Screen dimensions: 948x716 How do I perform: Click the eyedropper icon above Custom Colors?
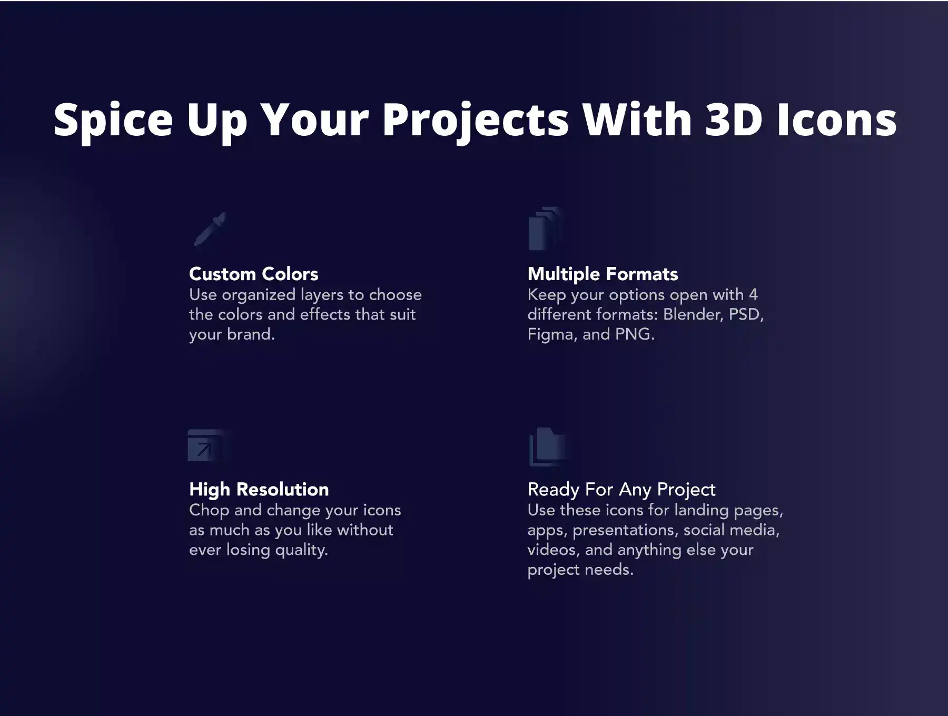pos(210,230)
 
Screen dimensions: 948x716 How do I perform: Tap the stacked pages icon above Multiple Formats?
pos(546,228)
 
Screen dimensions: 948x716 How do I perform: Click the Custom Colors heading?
pos(254,274)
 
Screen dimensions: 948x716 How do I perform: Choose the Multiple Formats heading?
pos(603,274)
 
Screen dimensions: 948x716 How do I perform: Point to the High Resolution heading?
pos(259,490)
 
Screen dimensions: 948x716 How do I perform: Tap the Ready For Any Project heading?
pos(621,490)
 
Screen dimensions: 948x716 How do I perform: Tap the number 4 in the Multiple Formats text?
pos(753,294)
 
